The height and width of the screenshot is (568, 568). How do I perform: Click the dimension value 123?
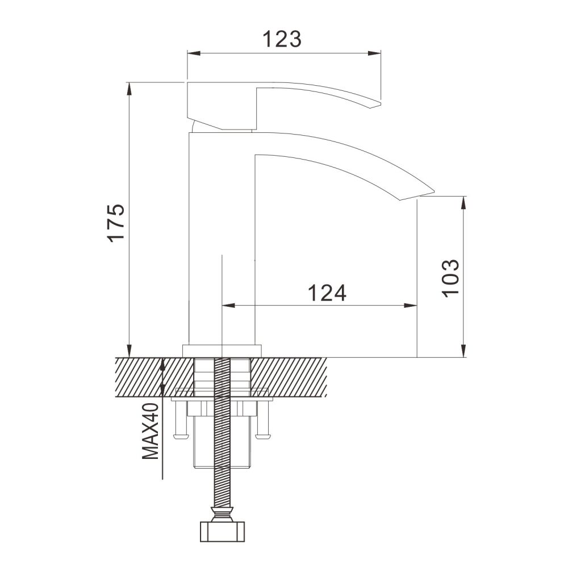pyautogui.click(x=281, y=39)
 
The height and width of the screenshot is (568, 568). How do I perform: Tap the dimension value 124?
pyautogui.click(x=326, y=293)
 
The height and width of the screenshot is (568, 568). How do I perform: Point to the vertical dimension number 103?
pyautogui.click(x=450, y=277)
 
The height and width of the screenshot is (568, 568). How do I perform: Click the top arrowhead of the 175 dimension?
pyautogui.click(x=130, y=89)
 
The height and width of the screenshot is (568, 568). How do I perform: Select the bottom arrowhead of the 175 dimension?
pyautogui.click(x=130, y=350)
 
